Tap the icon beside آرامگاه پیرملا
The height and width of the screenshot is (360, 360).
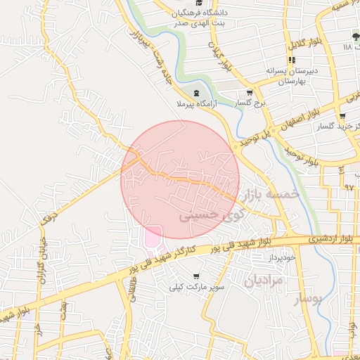click(196, 93)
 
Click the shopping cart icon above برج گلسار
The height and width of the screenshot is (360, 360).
click(249, 93)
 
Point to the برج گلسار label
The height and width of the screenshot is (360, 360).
click(249, 103)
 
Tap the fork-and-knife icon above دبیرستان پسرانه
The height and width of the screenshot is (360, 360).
click(292, 60)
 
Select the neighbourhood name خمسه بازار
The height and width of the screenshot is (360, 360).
click(271, 193)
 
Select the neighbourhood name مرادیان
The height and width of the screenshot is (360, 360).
click(263, 280)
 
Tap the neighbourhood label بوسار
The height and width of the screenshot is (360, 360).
click(306, 300)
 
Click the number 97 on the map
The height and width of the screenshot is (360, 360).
click(349, 187)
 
